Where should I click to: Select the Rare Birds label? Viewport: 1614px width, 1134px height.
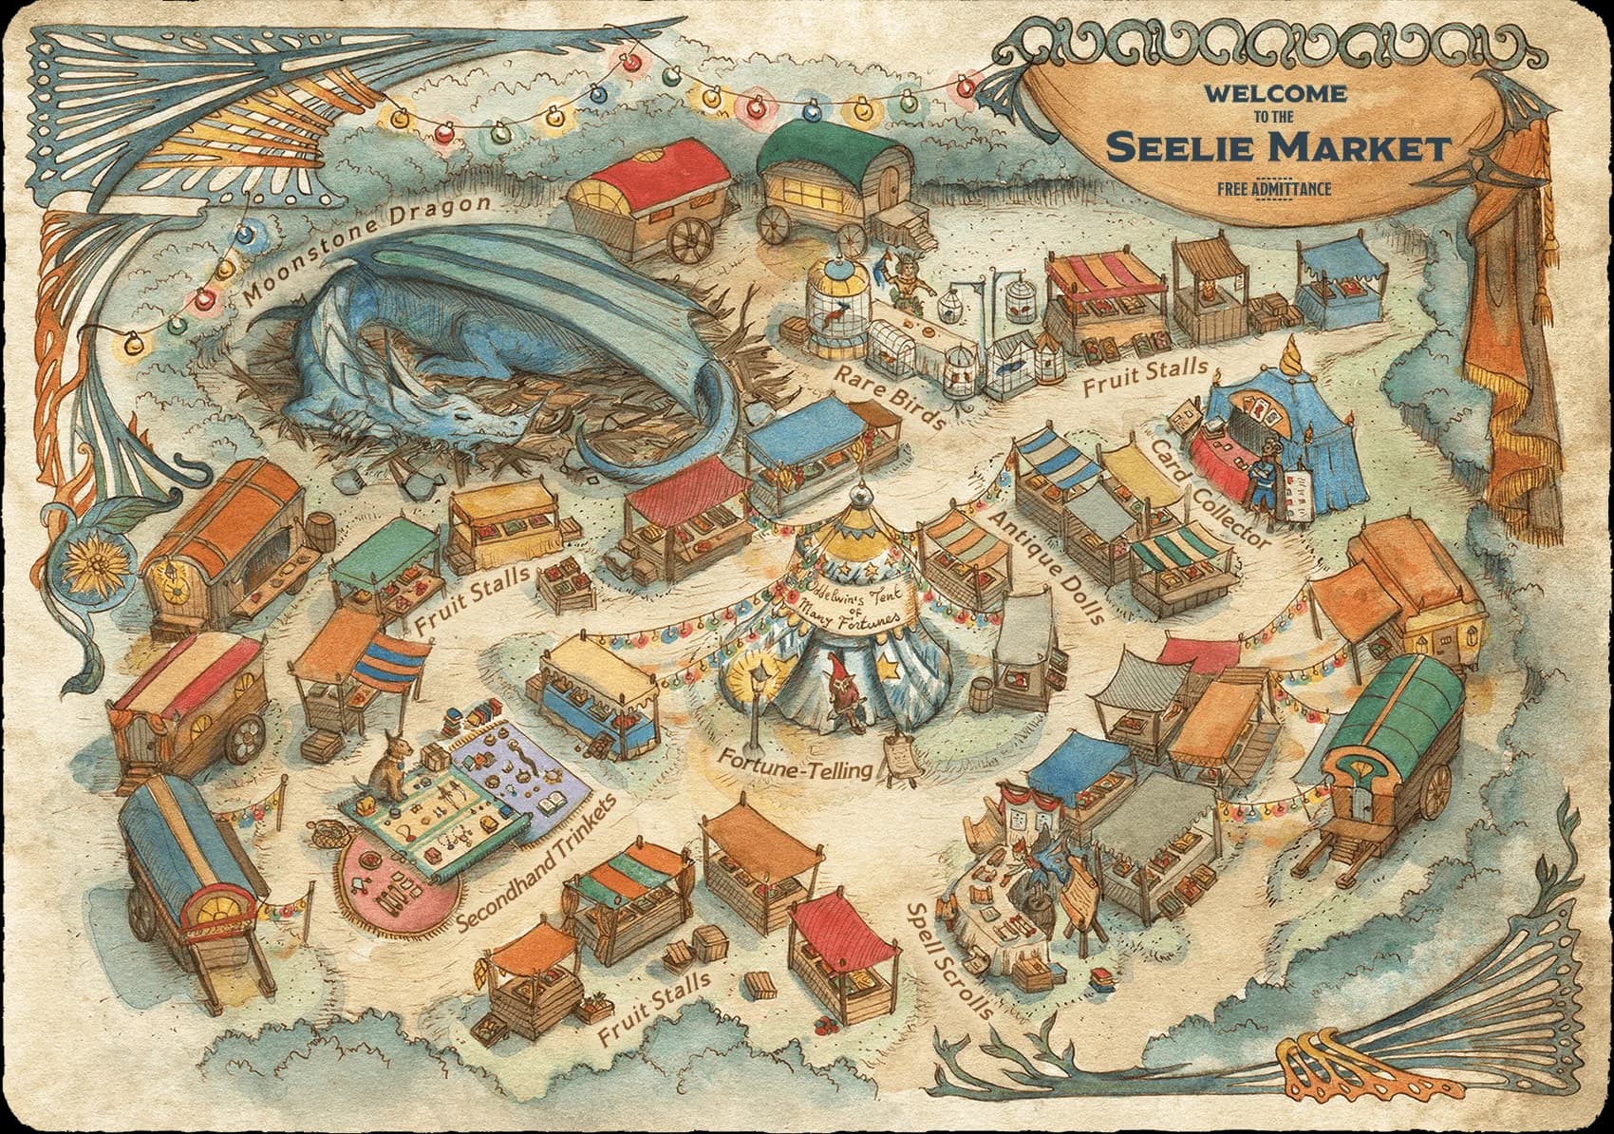tap(888, 394)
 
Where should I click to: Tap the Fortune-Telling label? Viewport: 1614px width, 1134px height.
tap(795, 763)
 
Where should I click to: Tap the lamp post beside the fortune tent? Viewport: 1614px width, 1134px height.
tap(756, 708)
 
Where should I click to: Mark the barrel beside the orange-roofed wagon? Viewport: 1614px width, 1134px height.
tap(322, 537)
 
